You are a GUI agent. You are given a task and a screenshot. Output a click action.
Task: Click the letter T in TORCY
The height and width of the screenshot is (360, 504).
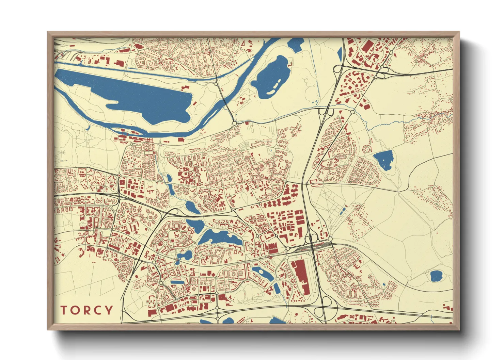pyautogui.click(x=64, y=310)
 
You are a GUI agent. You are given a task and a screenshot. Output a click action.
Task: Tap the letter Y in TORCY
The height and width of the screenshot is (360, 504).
pyautogui.click(x=108, y=310)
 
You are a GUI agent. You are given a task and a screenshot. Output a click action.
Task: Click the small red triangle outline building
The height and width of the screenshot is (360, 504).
pyautogui.click(x=243, y=43)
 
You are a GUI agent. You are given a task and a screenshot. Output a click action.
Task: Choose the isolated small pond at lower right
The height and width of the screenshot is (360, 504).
pyautogui.click(x=436, y=276)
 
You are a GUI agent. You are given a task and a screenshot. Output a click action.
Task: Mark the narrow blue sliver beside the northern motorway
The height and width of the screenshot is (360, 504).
pyautogui.click(x=340, y=53)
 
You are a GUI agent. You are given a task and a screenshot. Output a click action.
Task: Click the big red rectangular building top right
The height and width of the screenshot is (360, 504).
pyautogui.click(x=367, y=47)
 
